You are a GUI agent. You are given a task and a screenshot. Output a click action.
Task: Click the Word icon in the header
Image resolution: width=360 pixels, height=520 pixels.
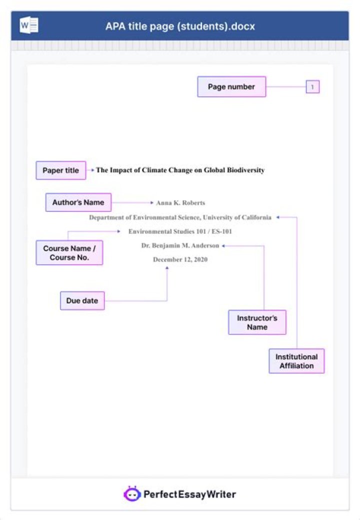tap(28, 25)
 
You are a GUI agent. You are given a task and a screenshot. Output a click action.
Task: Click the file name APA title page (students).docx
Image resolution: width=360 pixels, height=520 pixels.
tap(180, 26)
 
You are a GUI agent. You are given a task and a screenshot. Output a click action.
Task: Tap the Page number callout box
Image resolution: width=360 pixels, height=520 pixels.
tap(231, 87)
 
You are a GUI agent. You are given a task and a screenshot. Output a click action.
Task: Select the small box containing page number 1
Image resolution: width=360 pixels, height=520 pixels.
tap(312, 87)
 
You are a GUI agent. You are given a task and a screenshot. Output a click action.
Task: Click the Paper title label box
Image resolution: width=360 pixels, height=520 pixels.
tap(60, 170)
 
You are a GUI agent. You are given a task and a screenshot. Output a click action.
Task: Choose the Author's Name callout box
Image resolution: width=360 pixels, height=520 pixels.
tap(78, 202)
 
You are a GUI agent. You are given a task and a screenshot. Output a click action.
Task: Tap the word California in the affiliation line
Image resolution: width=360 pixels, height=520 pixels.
tap(255, 218)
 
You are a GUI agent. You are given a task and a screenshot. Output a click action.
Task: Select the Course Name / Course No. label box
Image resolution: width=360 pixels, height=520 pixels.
tap(69, 253)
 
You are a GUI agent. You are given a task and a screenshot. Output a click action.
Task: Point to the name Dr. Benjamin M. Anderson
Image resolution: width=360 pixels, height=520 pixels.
tap(180, 246)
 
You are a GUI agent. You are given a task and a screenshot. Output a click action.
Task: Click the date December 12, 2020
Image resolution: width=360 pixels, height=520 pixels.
tap(180, 260)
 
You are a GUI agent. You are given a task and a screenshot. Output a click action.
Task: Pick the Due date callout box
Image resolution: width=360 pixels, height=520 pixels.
tap(82, 301)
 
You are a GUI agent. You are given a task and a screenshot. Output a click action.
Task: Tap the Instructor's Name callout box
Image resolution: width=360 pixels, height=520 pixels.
tap(257, 322)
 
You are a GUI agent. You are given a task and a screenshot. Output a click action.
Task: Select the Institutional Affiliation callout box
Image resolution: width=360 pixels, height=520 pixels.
tap(296, 361)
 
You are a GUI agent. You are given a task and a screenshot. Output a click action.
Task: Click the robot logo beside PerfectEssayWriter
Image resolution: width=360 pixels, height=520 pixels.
tap(131, 494)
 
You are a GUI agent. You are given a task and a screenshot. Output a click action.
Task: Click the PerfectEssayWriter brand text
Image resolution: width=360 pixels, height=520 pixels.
tap(189, 495)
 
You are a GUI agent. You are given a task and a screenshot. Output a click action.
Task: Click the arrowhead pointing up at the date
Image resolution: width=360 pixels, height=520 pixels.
tap(167, 268)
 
